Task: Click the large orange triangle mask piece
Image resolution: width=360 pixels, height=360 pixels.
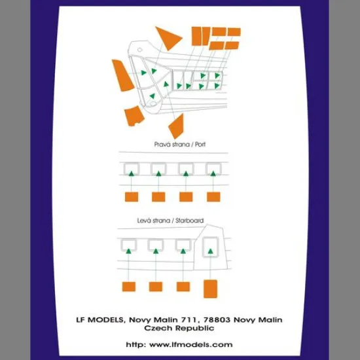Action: click(x=167, y=38)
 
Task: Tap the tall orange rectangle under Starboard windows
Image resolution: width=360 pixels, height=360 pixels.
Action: click(x=210, y=289)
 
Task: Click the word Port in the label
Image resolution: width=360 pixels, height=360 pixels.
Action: click(x=200, y=145)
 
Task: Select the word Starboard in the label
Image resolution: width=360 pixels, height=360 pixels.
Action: click(x=189, y=221)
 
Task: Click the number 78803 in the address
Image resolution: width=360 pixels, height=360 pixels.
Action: click(x=217, y=320)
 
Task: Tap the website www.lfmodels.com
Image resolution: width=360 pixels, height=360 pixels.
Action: click(x=190, y=344)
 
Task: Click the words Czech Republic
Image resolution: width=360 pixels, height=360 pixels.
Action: click(x=179, y=328)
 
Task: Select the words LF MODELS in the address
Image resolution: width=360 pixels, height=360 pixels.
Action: click(x=99, y=320)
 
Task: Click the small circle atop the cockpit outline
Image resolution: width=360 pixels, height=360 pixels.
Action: click(x=139, y=50)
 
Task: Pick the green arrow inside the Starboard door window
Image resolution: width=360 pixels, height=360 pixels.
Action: click(x=210, y=251)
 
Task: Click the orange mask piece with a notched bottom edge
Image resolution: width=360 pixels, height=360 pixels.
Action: click(x=134, y=116)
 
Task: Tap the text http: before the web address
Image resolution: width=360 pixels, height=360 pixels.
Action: click(x=135, y=344)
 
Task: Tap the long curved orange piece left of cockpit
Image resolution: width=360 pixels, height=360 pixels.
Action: click(x=122, y=75)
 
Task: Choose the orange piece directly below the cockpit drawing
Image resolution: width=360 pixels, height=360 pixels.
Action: click(x=176, y=126)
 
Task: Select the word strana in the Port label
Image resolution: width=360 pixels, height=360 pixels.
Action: click(x=180, y=145)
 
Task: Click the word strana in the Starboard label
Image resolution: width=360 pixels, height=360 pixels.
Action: click(x=161, y=221)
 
